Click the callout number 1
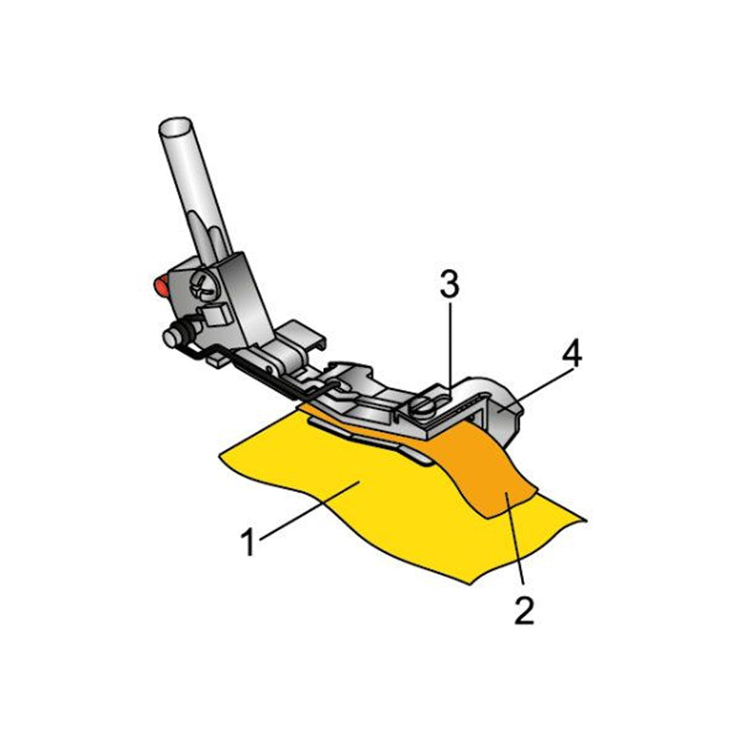coord(248,542)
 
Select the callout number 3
coord(450,285)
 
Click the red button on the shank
coord(161,285)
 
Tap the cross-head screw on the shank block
coord(205,286)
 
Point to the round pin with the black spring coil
coord(177,334)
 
